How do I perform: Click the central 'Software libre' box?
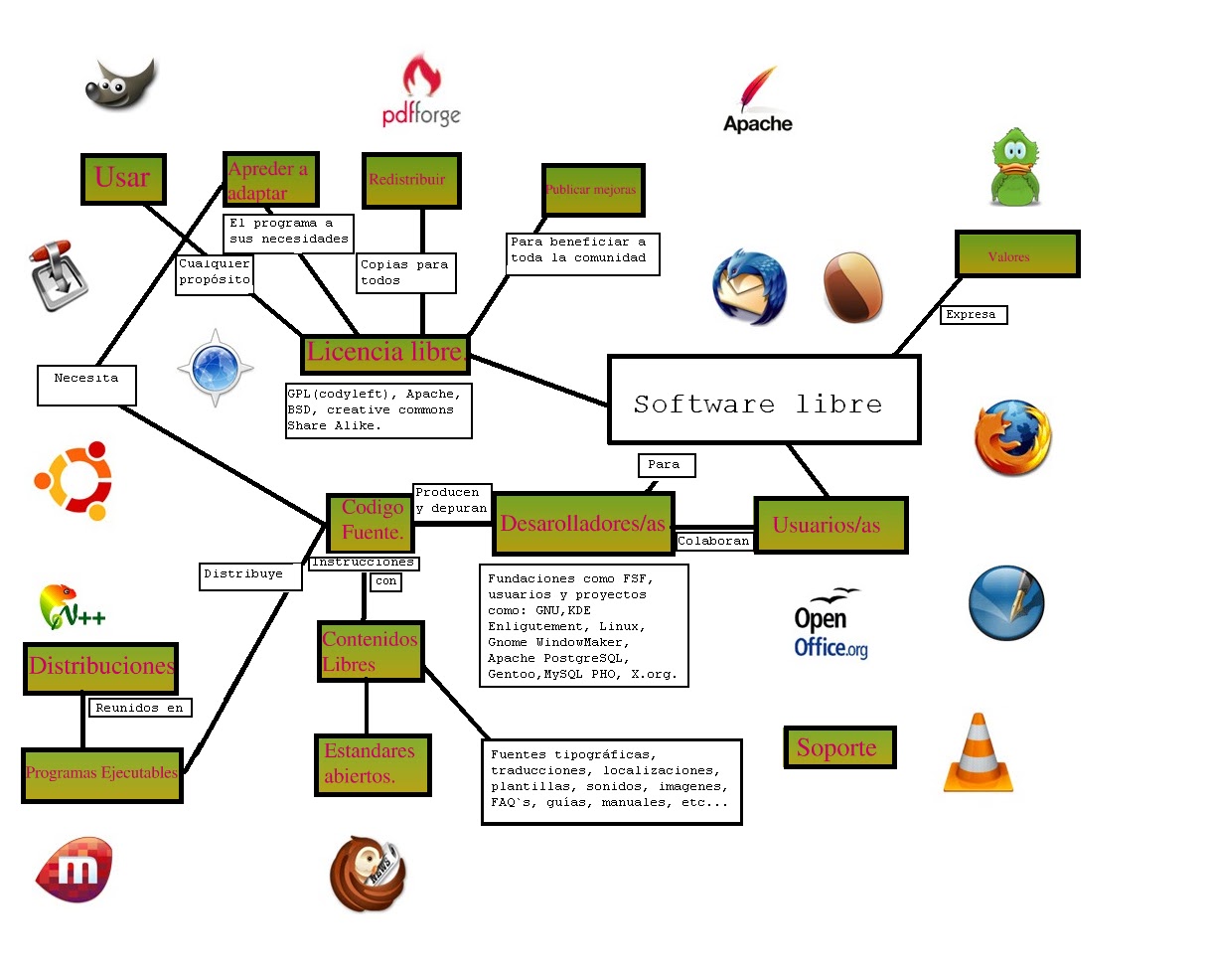point(764,400)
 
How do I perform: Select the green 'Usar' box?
point(123,179)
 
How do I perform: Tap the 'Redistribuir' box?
point(412,181)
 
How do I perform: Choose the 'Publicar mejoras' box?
point(593,190)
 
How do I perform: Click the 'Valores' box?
point(1017,253)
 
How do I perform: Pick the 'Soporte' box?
point(839,747)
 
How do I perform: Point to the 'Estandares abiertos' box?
point(374,765)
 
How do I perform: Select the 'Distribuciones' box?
point(101,668)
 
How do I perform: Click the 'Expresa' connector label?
point(974,315)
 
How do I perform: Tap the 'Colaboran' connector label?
point(713,541)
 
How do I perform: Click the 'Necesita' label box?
point(86,385)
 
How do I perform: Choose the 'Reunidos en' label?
point(140,708)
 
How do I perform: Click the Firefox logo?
point(1013,437)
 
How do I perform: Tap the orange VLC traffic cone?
point(979,752)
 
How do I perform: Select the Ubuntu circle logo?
point(74,480)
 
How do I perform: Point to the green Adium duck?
point(1015,167)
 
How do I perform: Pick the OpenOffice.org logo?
point(831,624)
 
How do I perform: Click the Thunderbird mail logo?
point(749,287)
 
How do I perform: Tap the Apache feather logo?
point(757,99)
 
